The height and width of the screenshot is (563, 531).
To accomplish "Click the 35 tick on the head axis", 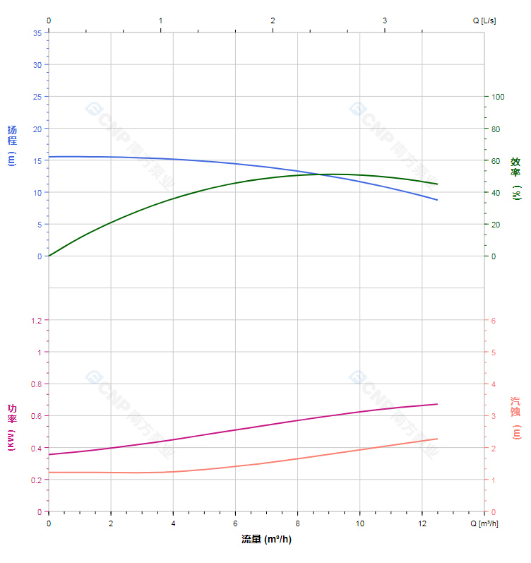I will pyautogui.click(x=37, y=32).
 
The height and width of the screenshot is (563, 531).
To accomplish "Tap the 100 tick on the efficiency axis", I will pyautogui.click(x=499, y=97).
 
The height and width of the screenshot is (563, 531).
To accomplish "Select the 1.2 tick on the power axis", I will pyautogui.click(x=36, y=321).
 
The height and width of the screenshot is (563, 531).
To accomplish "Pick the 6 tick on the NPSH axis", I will pyautogui.click(x=494, y=321).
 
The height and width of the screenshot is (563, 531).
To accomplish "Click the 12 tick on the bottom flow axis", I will pyautogui.click(x=422, y=523).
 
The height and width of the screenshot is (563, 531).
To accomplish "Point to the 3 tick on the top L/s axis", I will pyautogui.click(x=385, y=20).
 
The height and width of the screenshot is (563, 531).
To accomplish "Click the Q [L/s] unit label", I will pyautogui.click(x=484, y=20).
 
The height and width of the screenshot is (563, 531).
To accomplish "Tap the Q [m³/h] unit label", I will pyautogui.click(x=485, y=523).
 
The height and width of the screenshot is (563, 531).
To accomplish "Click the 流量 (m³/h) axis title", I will pyautogui.click(x=266, y=540).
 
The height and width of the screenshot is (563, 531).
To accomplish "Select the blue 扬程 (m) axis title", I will pyautogui.click(x=11, y=145).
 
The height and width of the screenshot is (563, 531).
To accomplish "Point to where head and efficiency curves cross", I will pyautogui.click(x=320, y=174).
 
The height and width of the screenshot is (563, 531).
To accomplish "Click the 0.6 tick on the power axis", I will pyautogui.click(x=36, y=416).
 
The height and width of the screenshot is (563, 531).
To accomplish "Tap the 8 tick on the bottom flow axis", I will pyautogui.click(x=297, y=523).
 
